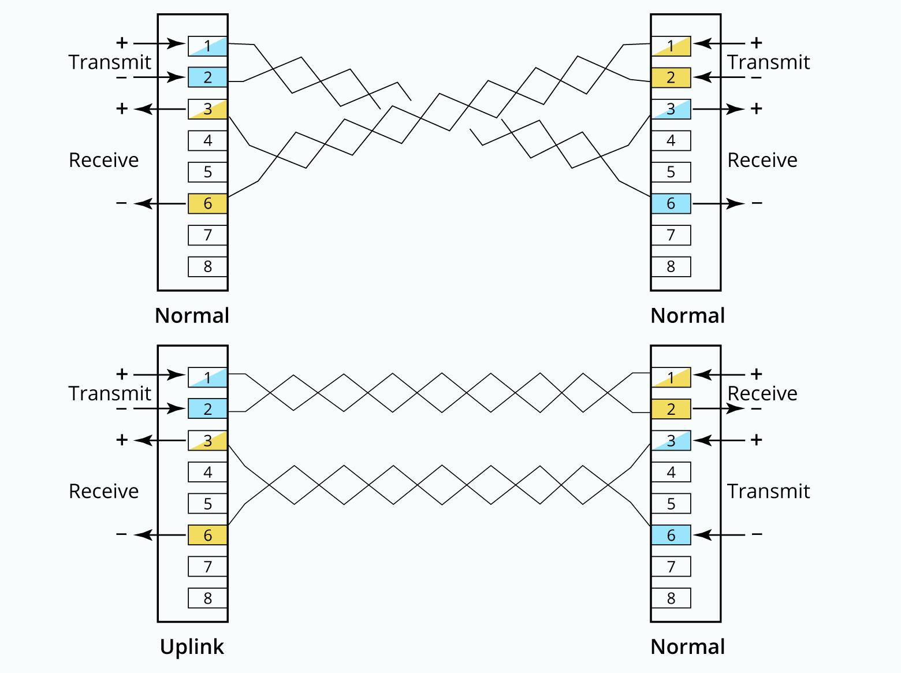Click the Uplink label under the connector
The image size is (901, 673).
pos(192,646)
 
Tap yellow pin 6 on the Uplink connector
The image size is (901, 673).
pos(207,535)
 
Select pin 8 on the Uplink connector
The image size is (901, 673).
pos(207,598)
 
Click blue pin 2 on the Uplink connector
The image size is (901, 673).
pos(207,409)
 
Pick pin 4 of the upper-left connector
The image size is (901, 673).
pos(207,140)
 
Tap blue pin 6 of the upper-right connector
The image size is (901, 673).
pos(671,203)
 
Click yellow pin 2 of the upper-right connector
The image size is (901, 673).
pos(671,77)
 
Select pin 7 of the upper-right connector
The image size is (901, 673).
pos(671,235)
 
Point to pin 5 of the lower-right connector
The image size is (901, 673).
pos(671,504)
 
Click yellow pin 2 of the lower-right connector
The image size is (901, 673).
pos(671,409)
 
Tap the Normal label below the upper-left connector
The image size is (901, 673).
pos(192,315)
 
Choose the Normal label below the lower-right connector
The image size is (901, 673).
pos(687,646)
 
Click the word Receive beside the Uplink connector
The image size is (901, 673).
pos(104,491)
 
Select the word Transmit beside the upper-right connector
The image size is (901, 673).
pos(768,62)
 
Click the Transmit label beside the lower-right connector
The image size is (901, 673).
pos(768,491)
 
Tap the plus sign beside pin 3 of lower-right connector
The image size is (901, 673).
pos(757,440)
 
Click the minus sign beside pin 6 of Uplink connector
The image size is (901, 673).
pos(121,534)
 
